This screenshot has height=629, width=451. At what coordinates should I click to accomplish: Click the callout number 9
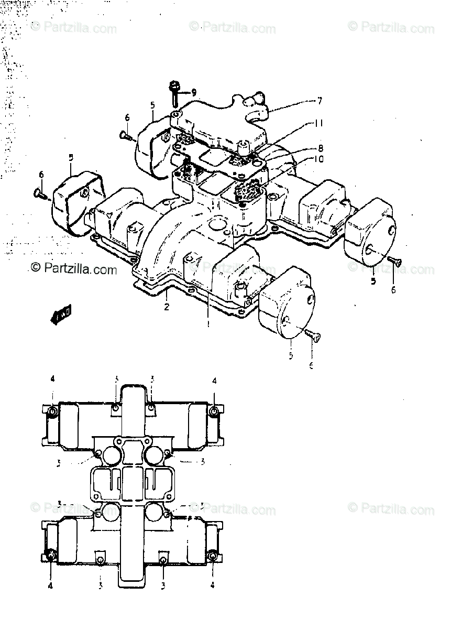194,93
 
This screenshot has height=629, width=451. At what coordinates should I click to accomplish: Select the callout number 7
320,100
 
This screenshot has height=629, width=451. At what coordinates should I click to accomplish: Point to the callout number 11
319,123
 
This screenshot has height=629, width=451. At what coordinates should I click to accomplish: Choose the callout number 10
319,159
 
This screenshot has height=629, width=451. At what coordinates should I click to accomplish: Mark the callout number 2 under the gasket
167,307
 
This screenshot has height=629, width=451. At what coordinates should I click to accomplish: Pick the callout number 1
208,324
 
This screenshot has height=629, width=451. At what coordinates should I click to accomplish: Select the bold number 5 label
373,281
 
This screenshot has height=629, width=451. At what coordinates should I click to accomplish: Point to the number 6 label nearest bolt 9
127,117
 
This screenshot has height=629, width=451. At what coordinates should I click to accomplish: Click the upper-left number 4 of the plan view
52,379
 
